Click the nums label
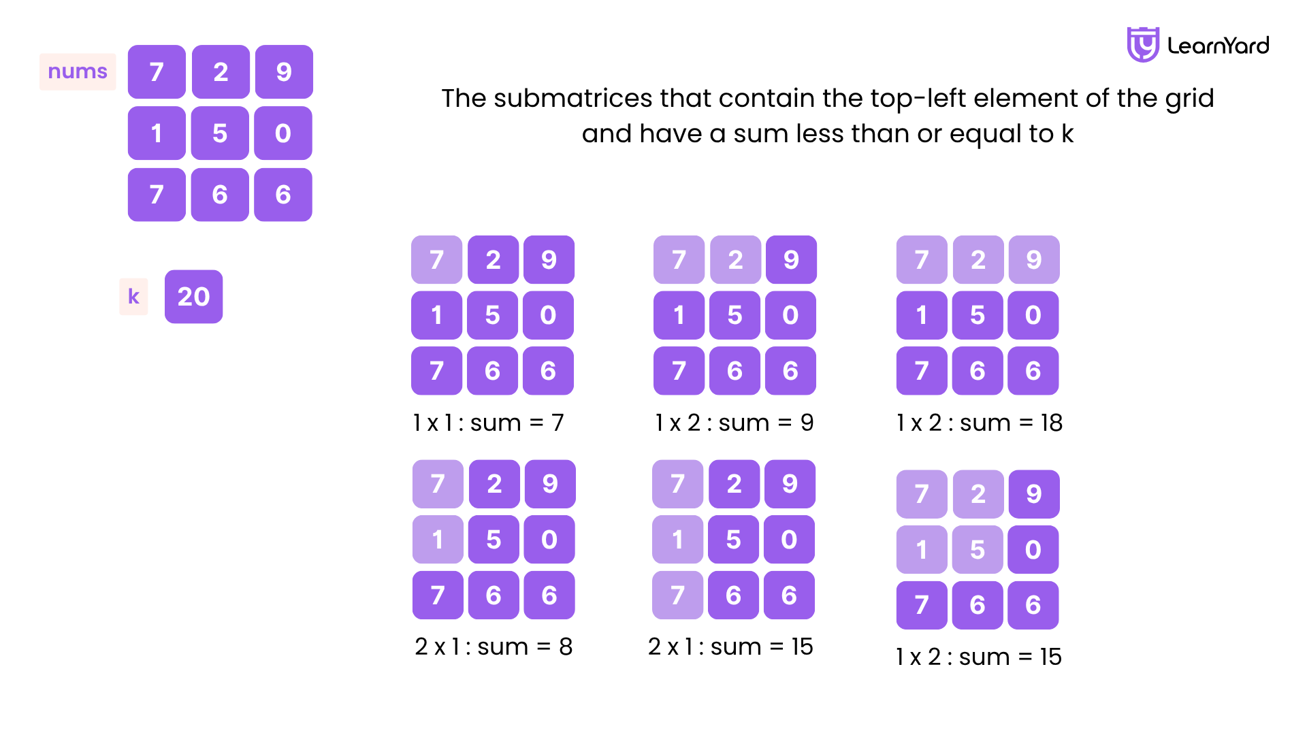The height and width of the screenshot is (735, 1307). (x=78, y=71)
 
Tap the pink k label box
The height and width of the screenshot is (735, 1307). (x=133, y=297)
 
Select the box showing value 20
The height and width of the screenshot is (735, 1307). (x=193, y=297)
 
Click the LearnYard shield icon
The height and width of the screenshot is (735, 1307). (x=1143, y=45)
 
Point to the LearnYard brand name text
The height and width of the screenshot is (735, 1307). (x=1218, y=46)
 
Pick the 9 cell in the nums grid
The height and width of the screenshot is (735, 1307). (x=284, y=71)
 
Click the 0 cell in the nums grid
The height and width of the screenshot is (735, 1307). (x=283, y=133)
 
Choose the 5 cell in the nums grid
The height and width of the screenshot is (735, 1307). (x=220, y=133)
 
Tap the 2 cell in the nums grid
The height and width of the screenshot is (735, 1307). (x=221, y=71)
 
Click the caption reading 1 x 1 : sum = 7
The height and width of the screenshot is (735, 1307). (x=489, y=423)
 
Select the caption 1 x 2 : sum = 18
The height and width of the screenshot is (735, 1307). (x=980, y=423)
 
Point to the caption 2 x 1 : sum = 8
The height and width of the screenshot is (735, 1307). (x=494, y=647)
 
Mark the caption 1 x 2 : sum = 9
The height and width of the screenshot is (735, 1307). (x=735, y=423)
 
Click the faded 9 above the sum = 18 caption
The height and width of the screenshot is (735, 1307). (x=1034, y=259)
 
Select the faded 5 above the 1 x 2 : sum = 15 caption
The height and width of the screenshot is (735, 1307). (x=978, y=549)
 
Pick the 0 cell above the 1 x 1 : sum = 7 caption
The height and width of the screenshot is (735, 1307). (x=548, y=315)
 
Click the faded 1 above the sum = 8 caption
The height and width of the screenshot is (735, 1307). (x=438, y=540)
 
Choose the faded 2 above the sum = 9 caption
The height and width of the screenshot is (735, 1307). (x=735, y=259)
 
